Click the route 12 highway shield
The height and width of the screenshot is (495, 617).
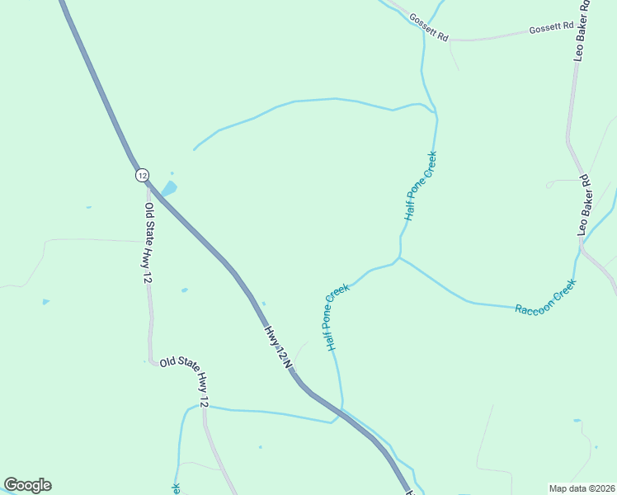click(x=142, y=175)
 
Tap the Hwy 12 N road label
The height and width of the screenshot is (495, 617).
click(x=279, y=346)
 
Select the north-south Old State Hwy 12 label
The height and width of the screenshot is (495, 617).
click(x=148, y=244)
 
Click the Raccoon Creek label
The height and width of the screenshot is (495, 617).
click(x=545, y=298)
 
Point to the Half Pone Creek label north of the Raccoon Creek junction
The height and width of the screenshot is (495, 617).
click(x=420, y=186)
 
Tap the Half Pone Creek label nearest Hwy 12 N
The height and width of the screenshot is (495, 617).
click(x=337, y=318)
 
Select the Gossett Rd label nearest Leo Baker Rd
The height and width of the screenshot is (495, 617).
click(x=551, y=28)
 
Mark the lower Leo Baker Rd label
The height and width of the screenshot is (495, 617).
click(x=585, y=205)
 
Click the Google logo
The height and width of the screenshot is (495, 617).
click(x=27, y=485)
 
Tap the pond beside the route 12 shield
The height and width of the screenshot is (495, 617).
click(x=168, y=189)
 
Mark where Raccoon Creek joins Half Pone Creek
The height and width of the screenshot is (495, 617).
click(x=400, y=258)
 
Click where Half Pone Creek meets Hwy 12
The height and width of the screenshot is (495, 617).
click(x=342, y=410)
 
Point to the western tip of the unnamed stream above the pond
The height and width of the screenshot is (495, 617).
click(x=194, y=149)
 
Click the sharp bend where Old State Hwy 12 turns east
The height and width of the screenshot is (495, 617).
click(x=152, y=361)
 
